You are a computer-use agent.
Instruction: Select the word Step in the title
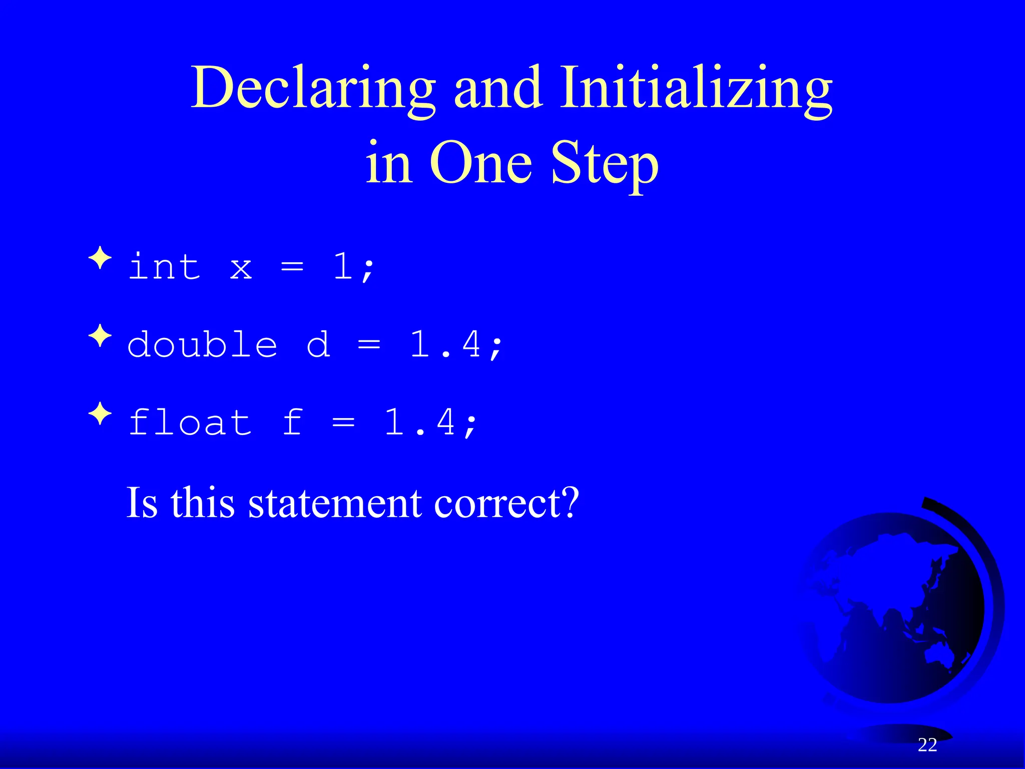(x=605, y=163)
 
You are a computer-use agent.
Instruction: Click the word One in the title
(x=480, y=163)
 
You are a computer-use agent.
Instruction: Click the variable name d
(x=318, y=344)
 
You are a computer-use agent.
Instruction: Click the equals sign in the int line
(x=292, y=267)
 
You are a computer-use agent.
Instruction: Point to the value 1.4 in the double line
(x=445, y=344)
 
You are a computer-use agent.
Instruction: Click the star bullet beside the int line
(x=100, y=258)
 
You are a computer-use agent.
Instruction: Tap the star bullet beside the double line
(x=100, y=336)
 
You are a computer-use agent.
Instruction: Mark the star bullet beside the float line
(x=100, y=414)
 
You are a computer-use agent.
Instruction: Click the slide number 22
(x=927, y=745)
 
